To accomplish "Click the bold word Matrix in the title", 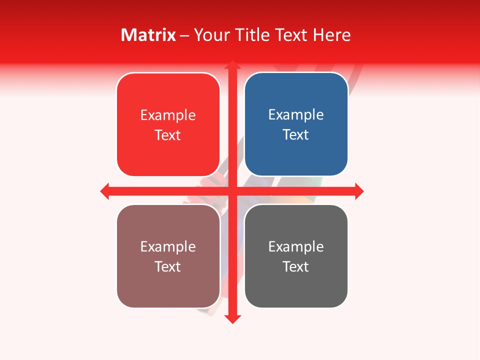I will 148,35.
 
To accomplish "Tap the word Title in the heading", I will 254,35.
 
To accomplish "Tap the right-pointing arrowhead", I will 359,191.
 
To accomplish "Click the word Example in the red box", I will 168,115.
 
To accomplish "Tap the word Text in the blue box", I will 296,135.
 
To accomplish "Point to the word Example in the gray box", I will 296,246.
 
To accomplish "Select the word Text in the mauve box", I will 168,266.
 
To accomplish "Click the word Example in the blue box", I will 296,115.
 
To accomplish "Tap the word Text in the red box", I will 168,135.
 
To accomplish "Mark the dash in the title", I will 185,35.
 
